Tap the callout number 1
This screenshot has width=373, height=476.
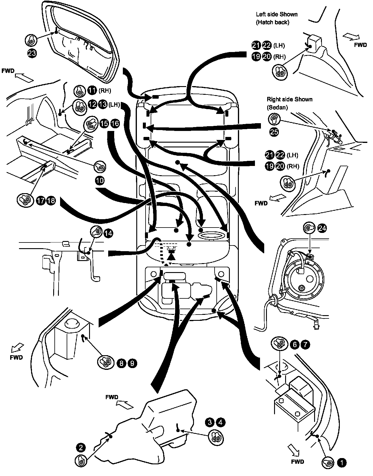341,463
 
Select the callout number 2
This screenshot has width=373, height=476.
81,448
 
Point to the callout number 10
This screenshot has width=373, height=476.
100,180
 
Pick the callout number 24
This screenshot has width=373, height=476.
322,228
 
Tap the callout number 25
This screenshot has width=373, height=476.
274,132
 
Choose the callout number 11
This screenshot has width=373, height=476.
92,90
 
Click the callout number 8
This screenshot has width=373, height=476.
121,363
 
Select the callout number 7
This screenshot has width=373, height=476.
305,344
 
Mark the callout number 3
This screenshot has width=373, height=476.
210,422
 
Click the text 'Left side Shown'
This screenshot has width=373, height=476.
276,14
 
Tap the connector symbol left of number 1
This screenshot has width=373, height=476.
328,463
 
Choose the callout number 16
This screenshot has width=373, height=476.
115,124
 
